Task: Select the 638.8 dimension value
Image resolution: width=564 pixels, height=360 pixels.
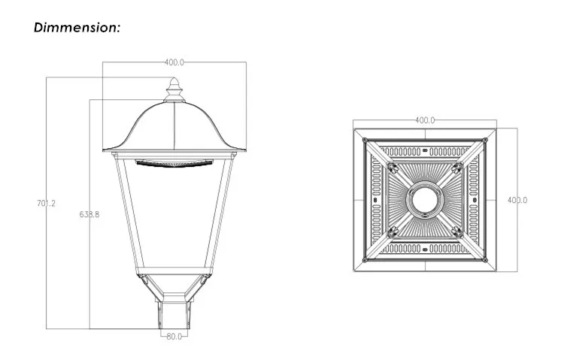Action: click(89, 214)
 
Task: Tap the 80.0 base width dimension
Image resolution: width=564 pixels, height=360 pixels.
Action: click(174, 336)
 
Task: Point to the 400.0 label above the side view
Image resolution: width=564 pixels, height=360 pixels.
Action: click(175, 62)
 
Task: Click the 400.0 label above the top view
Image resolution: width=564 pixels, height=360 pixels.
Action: click(426, 120)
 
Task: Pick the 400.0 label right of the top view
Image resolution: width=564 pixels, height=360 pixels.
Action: click(517, 200)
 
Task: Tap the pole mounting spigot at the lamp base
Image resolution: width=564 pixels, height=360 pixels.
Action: click(174, 313)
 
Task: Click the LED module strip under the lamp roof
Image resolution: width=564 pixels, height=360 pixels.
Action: click(174, 161)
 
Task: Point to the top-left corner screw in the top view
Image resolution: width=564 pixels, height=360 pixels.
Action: click(365, 140)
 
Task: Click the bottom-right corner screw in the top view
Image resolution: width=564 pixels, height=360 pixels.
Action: click(485, 259)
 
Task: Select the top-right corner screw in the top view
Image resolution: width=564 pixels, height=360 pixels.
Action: click(485, 140)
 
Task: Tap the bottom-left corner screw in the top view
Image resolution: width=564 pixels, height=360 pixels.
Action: click(365, 259)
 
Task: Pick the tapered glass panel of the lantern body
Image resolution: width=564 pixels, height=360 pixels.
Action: click(174, 218)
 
